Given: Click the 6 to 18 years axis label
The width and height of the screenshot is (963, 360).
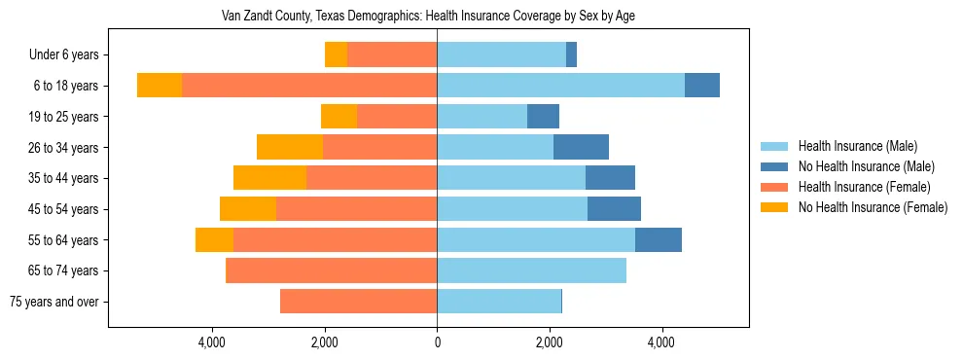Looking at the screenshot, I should tap(65, 86).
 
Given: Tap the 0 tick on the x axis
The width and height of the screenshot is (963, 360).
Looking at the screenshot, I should tap(437, 342).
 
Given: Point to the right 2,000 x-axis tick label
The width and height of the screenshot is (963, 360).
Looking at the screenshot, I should tap(550, 342).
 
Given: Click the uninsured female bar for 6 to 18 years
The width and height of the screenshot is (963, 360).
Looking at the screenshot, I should tap(160, 86).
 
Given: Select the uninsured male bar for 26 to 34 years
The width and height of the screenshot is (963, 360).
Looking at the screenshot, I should tap(581, 147).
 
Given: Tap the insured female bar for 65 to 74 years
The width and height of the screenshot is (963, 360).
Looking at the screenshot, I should tap(331, 270).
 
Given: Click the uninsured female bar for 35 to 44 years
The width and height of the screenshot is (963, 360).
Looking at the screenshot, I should tap(269, 178).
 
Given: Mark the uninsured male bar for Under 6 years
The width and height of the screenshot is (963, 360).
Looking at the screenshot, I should tap(571, 54).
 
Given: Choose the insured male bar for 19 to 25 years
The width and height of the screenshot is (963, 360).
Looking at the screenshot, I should tap(481, 117).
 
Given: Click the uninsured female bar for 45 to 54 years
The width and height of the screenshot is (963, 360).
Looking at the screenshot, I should tap(248, 209).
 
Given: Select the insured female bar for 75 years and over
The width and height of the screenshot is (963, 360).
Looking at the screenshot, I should tap(358, 302).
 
